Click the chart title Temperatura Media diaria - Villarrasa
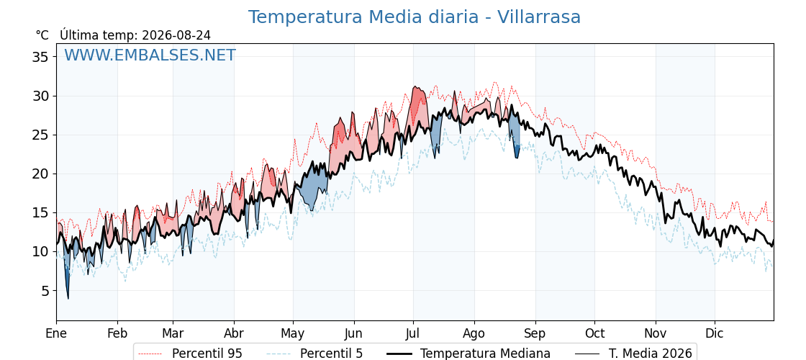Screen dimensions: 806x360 point(415,17)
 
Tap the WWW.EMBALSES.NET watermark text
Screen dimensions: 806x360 point(150,55)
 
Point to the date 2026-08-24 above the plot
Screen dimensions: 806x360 point(176,35)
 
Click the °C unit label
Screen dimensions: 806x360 point(42,35)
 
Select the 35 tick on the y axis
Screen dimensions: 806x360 point(40,57)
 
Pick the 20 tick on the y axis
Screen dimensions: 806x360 point(40,174)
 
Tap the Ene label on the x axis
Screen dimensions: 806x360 point(56,333)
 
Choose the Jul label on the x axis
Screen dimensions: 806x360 point(413,333)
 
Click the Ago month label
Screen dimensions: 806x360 point(474,333)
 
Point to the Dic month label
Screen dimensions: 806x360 point(714,333)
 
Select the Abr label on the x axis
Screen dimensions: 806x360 point(234,333)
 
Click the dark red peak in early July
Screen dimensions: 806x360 point(417,100)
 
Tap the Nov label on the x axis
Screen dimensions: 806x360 point(656,333)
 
